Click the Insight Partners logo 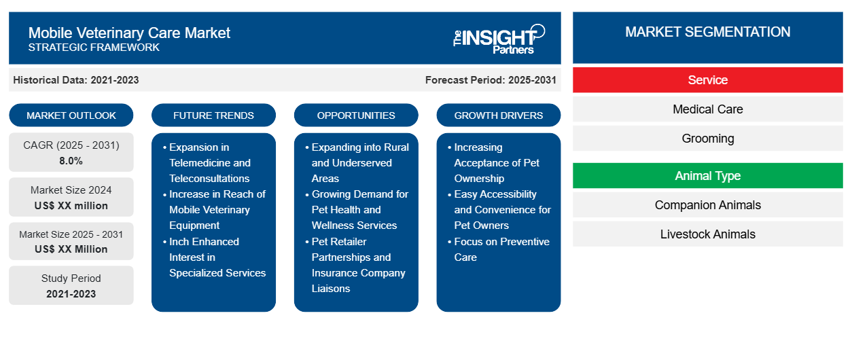[499, 38]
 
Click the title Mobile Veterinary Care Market [129, 32]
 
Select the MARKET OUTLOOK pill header [71, 115]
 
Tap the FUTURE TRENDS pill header [213, 115]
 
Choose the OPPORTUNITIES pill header [356, 115]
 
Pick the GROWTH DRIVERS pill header [499, 115]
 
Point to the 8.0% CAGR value [71, 161]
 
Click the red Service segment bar [707, 80]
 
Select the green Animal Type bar [707, 176]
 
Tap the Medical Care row [707, 109]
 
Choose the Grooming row [707, 139]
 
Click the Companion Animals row [707, 205]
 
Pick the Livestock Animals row [707, 234]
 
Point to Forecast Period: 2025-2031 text [491, 80]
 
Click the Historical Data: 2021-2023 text [76, 80]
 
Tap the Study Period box [71, 285]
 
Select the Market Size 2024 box [71, 197]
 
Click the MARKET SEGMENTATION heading [707, 32]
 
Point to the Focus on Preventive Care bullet [501, 249]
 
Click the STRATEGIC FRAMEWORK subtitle [94, 48]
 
